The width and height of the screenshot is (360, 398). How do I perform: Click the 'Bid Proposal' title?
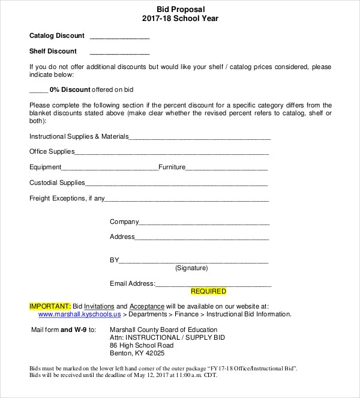coord(180,9)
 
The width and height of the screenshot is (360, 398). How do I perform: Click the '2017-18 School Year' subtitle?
coord(180,19)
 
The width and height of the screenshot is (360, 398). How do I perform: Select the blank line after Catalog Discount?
coord(119,37)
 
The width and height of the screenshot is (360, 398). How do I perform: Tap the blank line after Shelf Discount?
coord(119,53)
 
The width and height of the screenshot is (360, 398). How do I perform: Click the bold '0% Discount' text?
coord(70,89)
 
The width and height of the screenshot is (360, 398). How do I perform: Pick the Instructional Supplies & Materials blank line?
coord(200,138)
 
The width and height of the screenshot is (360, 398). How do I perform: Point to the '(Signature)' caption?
coord(191,268)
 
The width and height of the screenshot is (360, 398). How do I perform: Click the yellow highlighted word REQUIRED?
coord(208,292)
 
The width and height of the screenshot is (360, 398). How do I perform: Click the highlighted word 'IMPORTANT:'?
coord(50,306)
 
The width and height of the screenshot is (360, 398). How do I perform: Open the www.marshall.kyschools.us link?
coord(79,314)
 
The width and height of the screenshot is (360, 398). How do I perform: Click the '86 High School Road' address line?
coord(142,346)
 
